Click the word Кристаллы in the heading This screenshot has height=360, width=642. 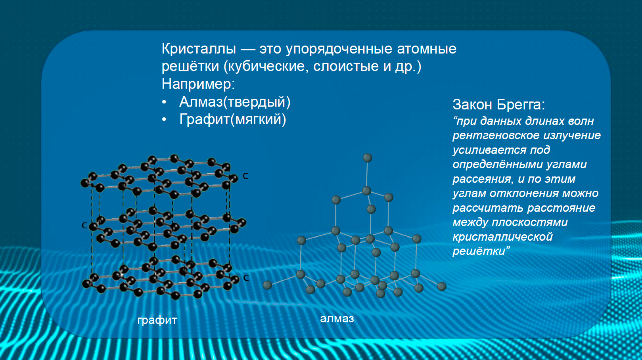coord(199,49)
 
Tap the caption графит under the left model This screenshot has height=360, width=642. coord(157,320)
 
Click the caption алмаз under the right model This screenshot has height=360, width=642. coord(337,318)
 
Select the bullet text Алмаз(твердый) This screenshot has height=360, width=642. coord(235,102)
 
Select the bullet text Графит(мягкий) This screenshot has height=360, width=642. coord(233,119)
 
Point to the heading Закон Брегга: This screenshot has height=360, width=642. coord(499,105)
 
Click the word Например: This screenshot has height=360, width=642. coord(198,84)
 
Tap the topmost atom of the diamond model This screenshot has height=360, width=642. coord(368,158)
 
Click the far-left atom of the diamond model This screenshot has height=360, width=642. coord(267,285)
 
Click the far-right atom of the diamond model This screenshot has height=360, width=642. coord(442,286)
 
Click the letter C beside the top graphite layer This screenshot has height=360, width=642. coord(245,176)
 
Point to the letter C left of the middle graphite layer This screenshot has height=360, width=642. coord(84,225)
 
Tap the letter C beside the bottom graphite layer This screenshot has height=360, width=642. coord(246,278)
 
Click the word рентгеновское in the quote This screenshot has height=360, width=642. coord(496,135)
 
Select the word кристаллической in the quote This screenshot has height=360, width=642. coord(502,237)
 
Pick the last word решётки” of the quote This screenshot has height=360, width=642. coord(481,251)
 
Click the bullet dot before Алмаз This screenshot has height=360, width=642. coord(164,102)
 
